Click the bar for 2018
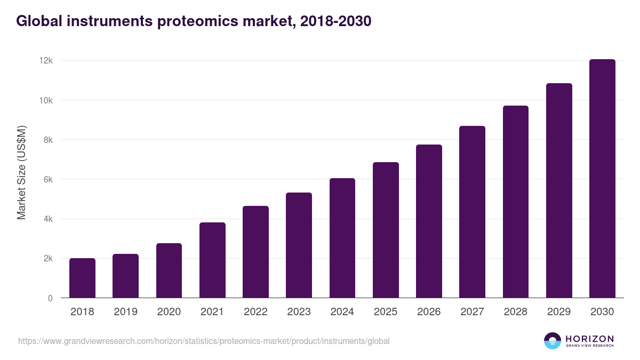[x=82, y=278]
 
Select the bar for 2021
[x=212, y=260]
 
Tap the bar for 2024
[x=342, y=238]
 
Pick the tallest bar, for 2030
[x=602, y=179]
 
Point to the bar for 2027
[x=472, y=212]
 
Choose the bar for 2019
[x=125, y=276]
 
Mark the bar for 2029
[x=559, y=190]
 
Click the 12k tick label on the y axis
[x=46, y=61]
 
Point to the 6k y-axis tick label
[x=48, y=180]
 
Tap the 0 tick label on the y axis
[x=50, y=298]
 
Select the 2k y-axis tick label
[x=48, y=259]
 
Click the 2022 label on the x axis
[x=255, y=312]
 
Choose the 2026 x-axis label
[x=429, y=312]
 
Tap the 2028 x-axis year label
[x=515, y=312]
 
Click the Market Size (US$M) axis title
[x=22, y=173]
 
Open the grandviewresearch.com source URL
[x=204, y=341]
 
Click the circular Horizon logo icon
[x=553, y=341]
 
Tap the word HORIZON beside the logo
[x=589, y=338]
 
